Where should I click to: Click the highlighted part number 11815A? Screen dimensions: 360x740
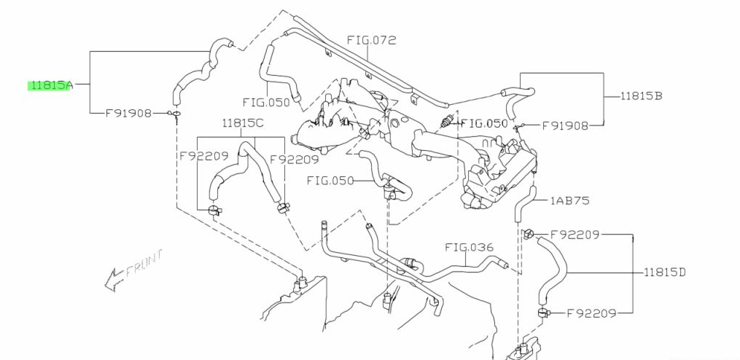pos(50,85)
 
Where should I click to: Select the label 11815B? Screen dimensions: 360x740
pos(642,95)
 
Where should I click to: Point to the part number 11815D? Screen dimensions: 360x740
pos(665,273)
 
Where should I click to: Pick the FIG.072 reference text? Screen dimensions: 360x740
pos(371,40)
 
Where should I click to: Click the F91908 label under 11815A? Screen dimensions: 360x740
pos(128,113)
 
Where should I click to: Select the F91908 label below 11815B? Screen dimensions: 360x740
pos(566,125)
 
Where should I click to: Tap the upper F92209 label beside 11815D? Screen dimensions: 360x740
pos(575,235)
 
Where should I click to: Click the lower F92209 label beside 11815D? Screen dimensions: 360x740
pos(591,313)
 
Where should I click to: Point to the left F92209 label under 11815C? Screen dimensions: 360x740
pos(203,155)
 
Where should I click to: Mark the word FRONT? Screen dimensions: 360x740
pos(144,263)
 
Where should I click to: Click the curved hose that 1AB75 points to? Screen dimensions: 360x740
pos(523,204)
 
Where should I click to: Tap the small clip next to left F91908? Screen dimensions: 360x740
pos(176,113)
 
